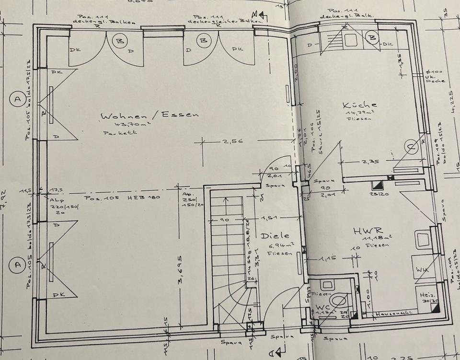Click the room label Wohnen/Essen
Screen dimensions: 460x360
pyautogui.click(x=149, y=115)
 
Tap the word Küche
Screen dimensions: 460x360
pyautogui.click(x=359, y=105)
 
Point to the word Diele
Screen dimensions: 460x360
pyautogui.click(x=275, y=236)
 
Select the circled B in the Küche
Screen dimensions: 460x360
pyautogui.click(x=371, y=36)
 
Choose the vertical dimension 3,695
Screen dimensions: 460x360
pyautogui.click(x=181, y=275)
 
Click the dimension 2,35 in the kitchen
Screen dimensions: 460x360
pyautogui.click(x=370, y=162)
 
